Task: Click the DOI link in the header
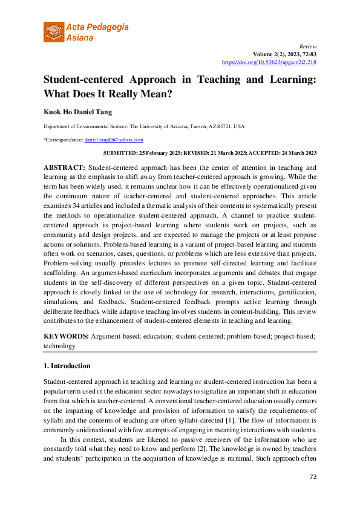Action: (x=269, y=62)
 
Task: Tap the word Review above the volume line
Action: (x=309, y=45)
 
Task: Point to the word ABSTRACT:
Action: (x=65, y=166)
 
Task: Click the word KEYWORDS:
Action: (x=66, y=335)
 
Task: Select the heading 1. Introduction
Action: (x=67, y=366)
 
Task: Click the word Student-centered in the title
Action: (x=82, y=79)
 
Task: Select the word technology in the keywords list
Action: (x=59, y=346)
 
